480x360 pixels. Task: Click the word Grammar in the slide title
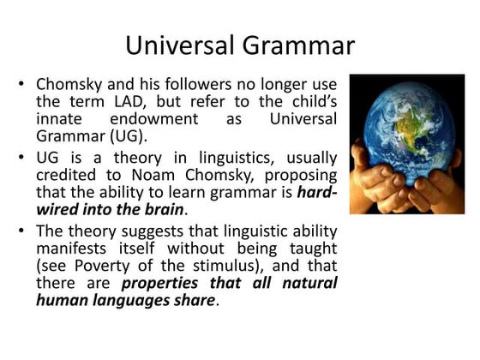(x=299, y=45)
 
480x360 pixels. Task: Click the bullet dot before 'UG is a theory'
(x=21, y=159)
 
